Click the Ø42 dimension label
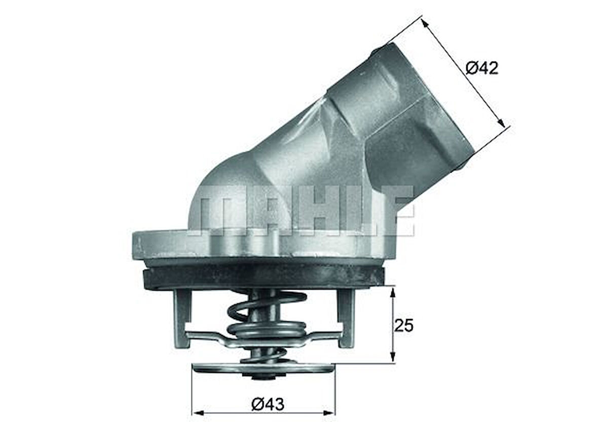pos(482,68)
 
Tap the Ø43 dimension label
pos(268,404)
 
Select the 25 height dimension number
pos(403,325)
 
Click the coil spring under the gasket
pos(266,319)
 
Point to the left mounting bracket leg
pos(181,317)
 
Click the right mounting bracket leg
pos(347,317)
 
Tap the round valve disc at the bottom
pos(264,367)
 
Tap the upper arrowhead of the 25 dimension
pos(393,290)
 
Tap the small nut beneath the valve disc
pos(264,377)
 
